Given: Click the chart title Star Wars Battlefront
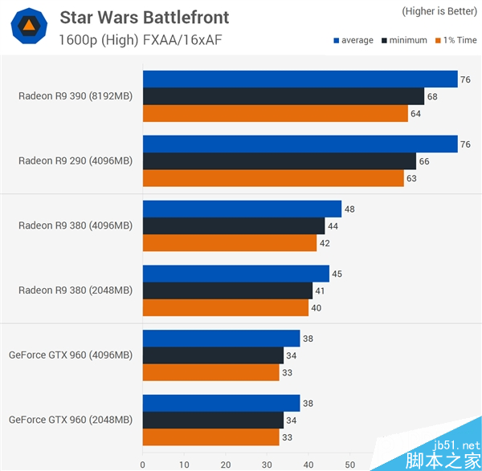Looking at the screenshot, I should click(144, 17).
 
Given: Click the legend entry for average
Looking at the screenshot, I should click(353, 41).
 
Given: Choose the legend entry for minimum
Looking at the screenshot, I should click(406, 41).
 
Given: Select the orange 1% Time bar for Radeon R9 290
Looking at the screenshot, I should click(273, 177).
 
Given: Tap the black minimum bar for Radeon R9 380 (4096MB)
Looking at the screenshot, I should click(234, 225).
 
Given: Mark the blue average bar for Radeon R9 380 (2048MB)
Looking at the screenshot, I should click(236, 274).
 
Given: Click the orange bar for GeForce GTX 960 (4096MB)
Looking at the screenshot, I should click(210, 372).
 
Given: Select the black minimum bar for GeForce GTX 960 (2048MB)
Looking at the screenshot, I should click(213, 420).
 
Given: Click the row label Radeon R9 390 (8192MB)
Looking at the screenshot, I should click(76, 96).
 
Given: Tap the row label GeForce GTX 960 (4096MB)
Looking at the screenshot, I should click(71, 355).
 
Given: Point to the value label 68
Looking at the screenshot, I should click(433, 96).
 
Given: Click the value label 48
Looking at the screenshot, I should click(349, 209).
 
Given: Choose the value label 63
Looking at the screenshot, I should click(411, 178).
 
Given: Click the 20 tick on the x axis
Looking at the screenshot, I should click(226, 464).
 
